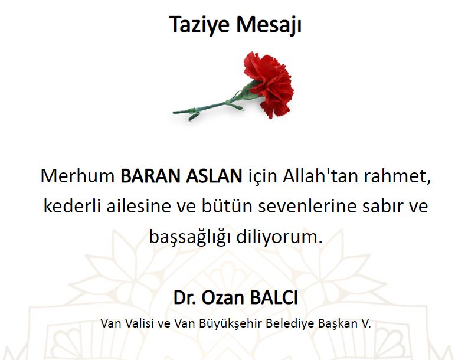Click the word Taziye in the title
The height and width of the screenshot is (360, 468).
[x=199, y=24]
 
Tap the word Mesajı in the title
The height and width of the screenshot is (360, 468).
[x=269, y=24]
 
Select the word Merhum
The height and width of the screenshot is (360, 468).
[x=77, y=175]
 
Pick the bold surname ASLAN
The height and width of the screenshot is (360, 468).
[x=214, y=175]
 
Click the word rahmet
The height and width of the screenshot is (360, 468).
[x=397, y=176]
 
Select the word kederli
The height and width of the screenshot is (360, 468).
[x=72, y=206]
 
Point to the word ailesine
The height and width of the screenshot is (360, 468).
[x=139, y=206]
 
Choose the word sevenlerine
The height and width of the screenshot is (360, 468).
[x=307, y=206]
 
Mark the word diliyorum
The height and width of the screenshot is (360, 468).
[x=279, y=237]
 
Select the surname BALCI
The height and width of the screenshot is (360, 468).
[x=274, y=297]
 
